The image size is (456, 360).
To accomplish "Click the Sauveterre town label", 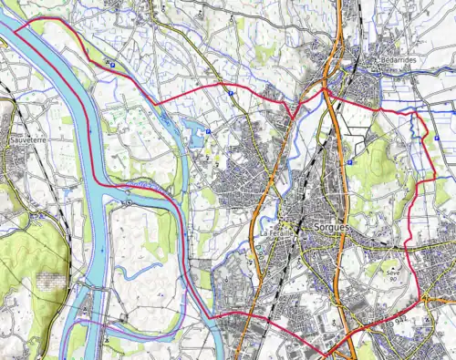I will tap(28, 142).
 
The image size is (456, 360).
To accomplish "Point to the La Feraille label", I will tap(279, 234).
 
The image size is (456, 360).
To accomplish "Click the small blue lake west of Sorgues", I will tap(195, 137).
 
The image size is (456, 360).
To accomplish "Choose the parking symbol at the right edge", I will tap(438, 138).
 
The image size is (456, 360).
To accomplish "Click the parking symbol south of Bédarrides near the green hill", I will tap(349, 161).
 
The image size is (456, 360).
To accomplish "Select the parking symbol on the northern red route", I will tap(231, 93).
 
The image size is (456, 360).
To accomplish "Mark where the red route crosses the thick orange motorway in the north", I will tap(331, 92).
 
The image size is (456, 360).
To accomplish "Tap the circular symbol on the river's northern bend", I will tap(130, 202).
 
